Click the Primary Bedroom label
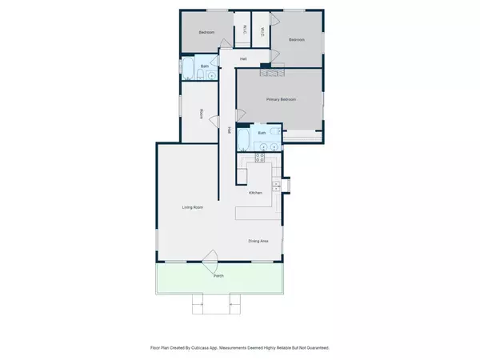click(282, 99)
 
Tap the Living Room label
click(192, 207)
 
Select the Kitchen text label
click(255, 193)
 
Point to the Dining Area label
click(258, 240)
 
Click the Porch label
click(218, 276)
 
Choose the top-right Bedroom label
click(297, 39)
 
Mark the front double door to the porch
click(212, 258)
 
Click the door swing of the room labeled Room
click(214, 121)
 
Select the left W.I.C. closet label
click(243, 31)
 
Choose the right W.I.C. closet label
click(261, 31)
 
